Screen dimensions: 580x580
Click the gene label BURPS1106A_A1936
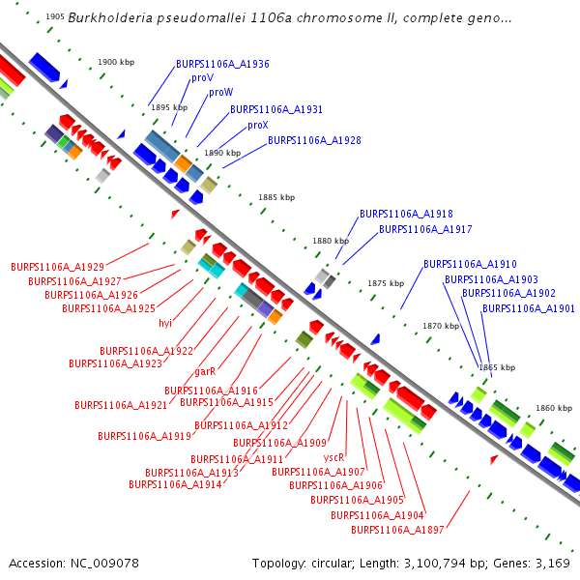click(222, 64)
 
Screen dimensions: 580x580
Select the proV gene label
click(202, 78)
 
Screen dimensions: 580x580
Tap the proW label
click(220, 93)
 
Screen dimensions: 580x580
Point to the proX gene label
click(257, 126)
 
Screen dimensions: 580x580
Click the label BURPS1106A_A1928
click(314, 140)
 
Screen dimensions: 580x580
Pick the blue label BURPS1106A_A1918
click(406, 214)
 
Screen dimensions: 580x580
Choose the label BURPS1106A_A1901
click(528, 308)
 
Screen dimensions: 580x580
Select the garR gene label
click(204, 371)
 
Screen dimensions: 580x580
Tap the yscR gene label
click(334, 457)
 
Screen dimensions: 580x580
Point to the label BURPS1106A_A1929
click(57, 266)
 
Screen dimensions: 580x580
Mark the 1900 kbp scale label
click(115, 63)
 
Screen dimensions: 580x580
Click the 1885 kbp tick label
click(276, 197)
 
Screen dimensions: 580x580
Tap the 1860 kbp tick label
click(554, 409)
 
